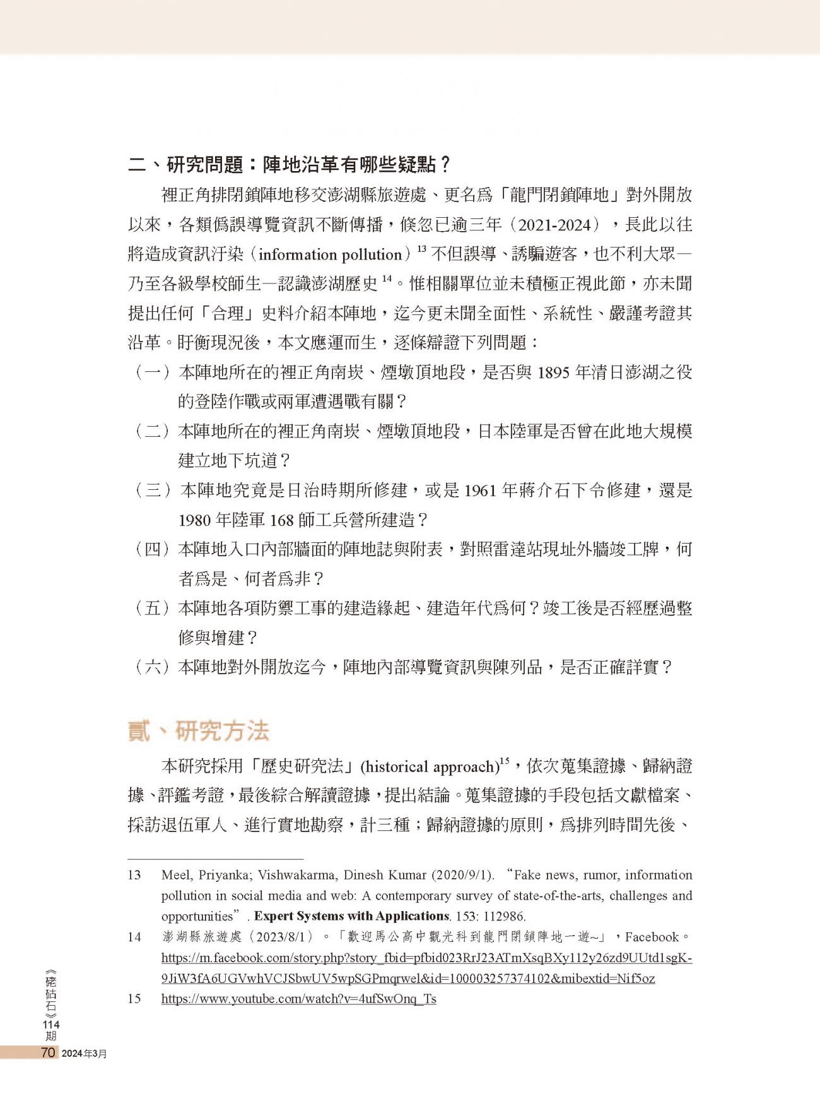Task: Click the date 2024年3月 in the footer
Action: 84,1054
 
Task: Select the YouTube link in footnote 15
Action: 298,999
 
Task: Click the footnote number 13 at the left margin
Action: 134,875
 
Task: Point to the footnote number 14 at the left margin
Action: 134,937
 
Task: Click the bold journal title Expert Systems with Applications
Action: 351,916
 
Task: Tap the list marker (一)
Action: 152,372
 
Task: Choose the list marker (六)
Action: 152,667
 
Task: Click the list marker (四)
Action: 152,549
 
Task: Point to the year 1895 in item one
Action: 553,372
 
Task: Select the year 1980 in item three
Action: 194,520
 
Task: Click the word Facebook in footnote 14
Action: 652,937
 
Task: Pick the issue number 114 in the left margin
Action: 50,1024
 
